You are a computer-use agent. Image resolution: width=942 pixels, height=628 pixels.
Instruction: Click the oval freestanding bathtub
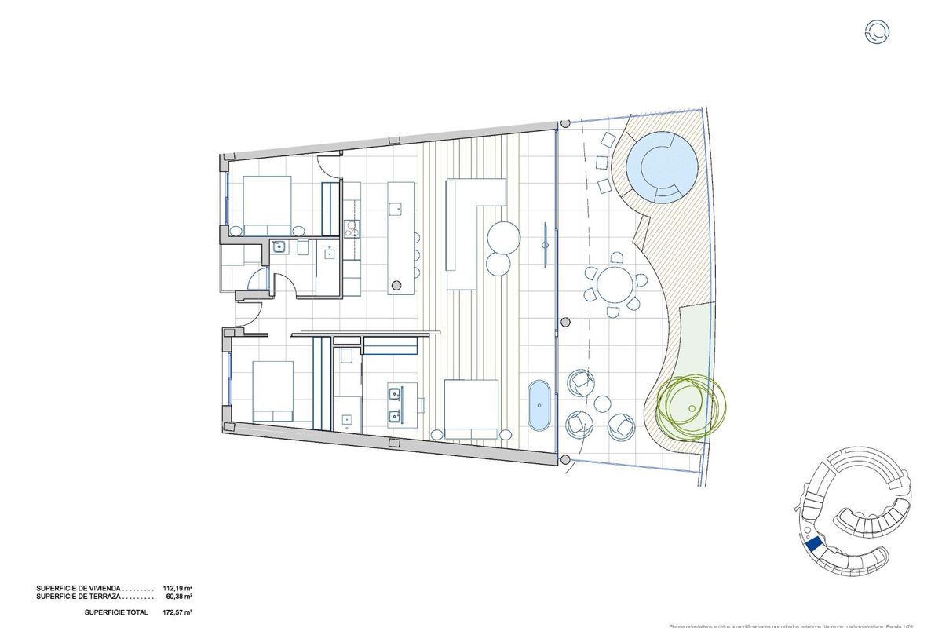click(539, 406)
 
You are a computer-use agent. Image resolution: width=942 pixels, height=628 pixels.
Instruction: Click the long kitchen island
click(400, 237)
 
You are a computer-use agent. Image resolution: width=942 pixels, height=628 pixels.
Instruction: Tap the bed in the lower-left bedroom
click(273, 390)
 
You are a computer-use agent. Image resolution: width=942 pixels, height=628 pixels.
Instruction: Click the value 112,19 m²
click(177, 587)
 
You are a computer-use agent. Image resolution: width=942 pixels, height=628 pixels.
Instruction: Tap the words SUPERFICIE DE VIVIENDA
click(78, 587)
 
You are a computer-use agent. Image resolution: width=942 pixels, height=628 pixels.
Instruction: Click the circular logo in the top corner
click(877, 31)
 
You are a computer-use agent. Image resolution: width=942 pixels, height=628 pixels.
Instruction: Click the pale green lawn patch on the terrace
click(695, 345)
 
